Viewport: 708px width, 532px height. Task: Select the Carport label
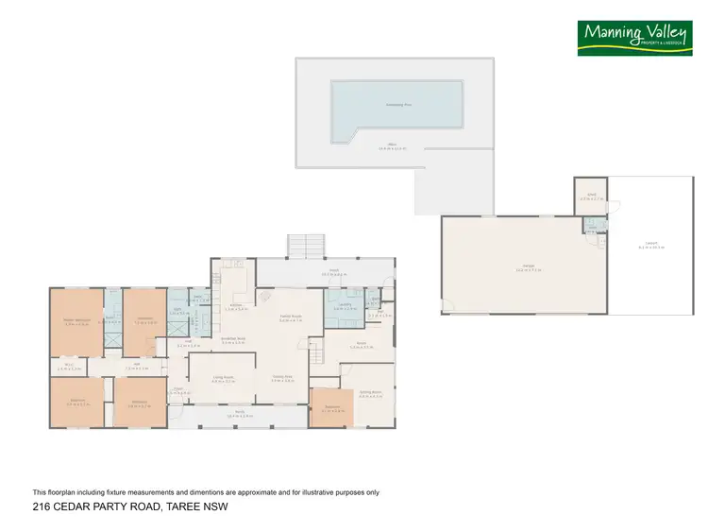point(651,244)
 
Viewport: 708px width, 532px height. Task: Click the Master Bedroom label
point(76,321)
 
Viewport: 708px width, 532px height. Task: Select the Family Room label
point(290,318)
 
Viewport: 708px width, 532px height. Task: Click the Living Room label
point(223,378)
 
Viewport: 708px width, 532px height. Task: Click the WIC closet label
point(69,368)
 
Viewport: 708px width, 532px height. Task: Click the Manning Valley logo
point(635,38)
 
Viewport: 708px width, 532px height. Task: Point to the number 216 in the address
point(42,507)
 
